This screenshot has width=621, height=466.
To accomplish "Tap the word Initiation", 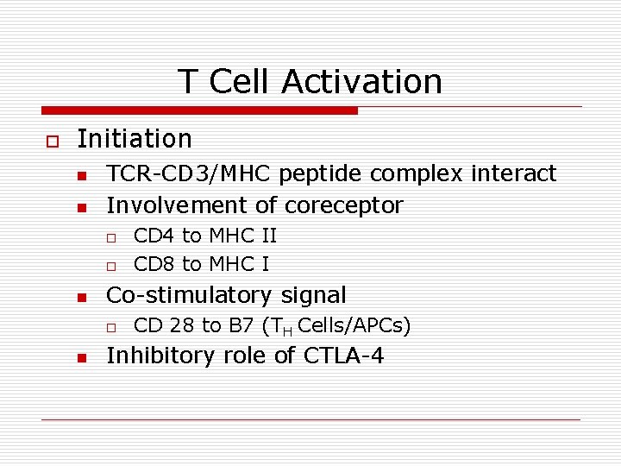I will click(135, 138).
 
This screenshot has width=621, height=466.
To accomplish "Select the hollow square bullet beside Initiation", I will click(51, 140).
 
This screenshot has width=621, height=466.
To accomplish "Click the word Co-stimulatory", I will click(188, 295).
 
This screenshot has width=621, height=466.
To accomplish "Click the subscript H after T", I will click(289, 330).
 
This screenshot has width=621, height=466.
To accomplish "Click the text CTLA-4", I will click(344, 356).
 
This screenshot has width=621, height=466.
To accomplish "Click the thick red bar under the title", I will click(199, 110).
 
